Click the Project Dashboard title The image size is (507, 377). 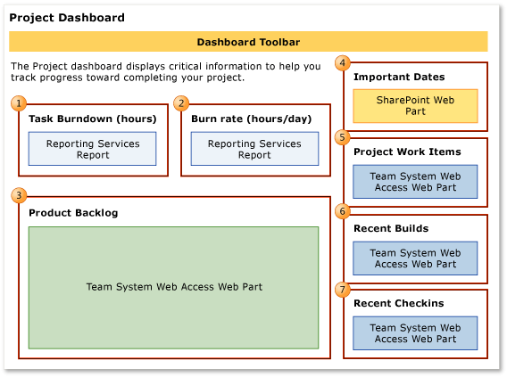click(x=67, y=18)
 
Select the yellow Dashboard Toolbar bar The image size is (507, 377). click(x=248, y=42)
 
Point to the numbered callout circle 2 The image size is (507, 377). click(x=181, y=103)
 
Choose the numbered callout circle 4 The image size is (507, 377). click(x=343, y=62)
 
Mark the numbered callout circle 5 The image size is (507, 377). click(x=343, y=137)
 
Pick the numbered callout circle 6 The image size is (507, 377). click(x=343, y=211)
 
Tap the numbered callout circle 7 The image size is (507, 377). click(x=343, y=289)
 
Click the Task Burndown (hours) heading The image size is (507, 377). click(x=93, y=119)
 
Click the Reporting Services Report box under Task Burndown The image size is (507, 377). click(x=92, y=149)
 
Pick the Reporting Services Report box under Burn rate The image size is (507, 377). click(x=254, y=149)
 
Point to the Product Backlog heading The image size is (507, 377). click(x=73, y=213)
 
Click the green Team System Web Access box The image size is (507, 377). click(x=173, y=287)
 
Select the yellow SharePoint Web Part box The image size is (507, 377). click(x=415, y=106)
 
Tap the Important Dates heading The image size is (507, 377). click(x=399, y=78)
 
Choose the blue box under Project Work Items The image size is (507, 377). click(x=415, y=182)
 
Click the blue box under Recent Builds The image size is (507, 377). click(x=415, y=258)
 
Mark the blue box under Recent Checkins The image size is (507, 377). click(x=415, y=333)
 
